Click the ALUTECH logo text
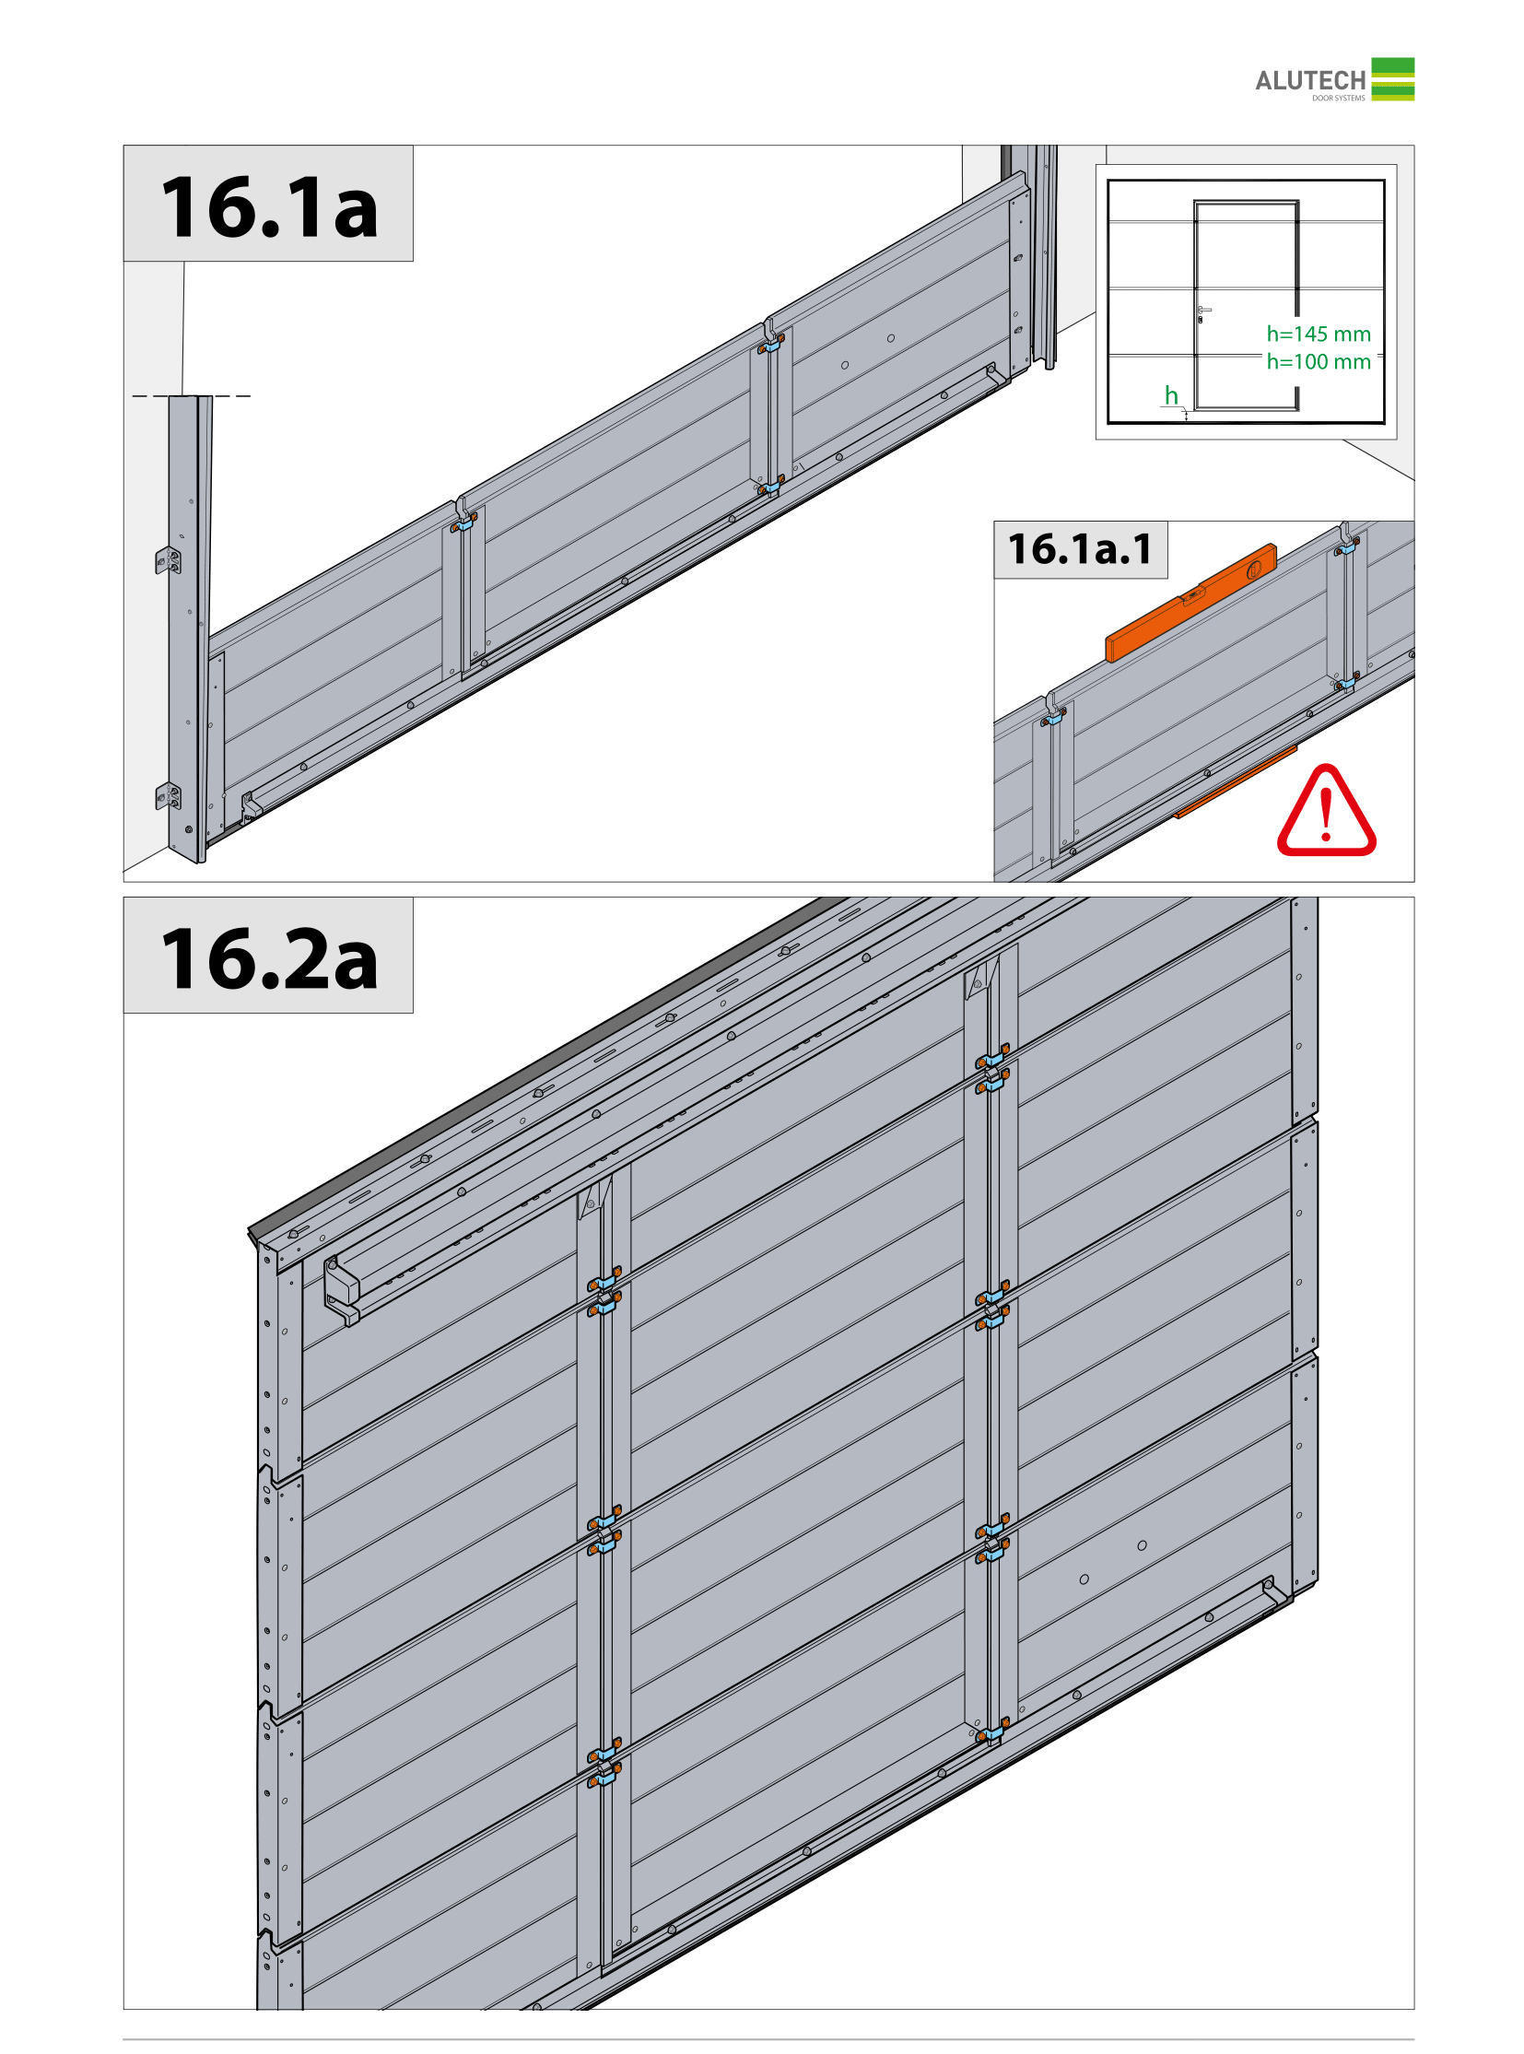[1310, 81]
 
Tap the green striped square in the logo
[1392, 79]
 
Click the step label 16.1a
[269, 207]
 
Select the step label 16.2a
[269, 959]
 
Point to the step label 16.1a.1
[1080, 549]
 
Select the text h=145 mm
[1319, 334]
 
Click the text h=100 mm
[1319, 362]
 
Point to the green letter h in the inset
[1171, 395]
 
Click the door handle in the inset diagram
[1202, 312]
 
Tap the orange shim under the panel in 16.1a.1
[1236, 781]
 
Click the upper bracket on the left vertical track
[167, 560]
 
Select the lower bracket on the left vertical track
[167, 795]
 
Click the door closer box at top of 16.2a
[340, 1287]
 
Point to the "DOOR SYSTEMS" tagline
[1339, 98]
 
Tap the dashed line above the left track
[191, 396]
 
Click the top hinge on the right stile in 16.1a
[771, 345]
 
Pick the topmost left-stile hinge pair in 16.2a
[604, 1289]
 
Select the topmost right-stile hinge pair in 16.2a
[991, 1068]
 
